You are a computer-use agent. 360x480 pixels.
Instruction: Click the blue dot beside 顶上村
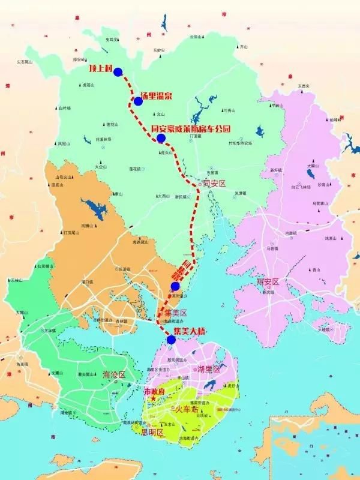(118, 72)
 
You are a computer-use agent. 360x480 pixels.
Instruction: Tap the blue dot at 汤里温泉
(138, 101)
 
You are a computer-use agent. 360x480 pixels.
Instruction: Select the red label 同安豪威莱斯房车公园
(191, 128)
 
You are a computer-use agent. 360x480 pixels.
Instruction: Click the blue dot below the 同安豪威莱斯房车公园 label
(161, 139)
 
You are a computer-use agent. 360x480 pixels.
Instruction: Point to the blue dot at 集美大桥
(172, 340)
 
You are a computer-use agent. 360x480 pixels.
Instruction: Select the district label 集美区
(176, 313)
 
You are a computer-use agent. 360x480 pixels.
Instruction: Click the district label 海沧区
(114, 374)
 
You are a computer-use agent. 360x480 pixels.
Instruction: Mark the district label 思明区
(152, 431)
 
